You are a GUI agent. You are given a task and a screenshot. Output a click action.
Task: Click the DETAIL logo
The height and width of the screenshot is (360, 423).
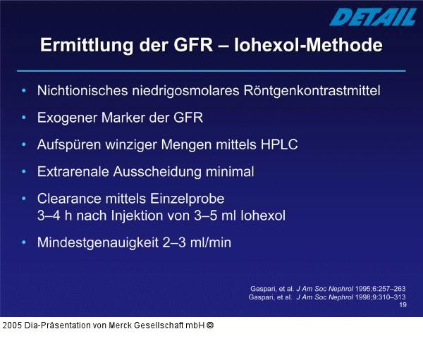pyautogui.click(x=372, y=16)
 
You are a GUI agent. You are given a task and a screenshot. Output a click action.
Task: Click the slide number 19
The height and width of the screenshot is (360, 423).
pyautogui.click(x=402, y=305)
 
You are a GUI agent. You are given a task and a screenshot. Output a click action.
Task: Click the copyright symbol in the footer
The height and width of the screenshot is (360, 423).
pyautogui.click(x=210, y=325)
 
